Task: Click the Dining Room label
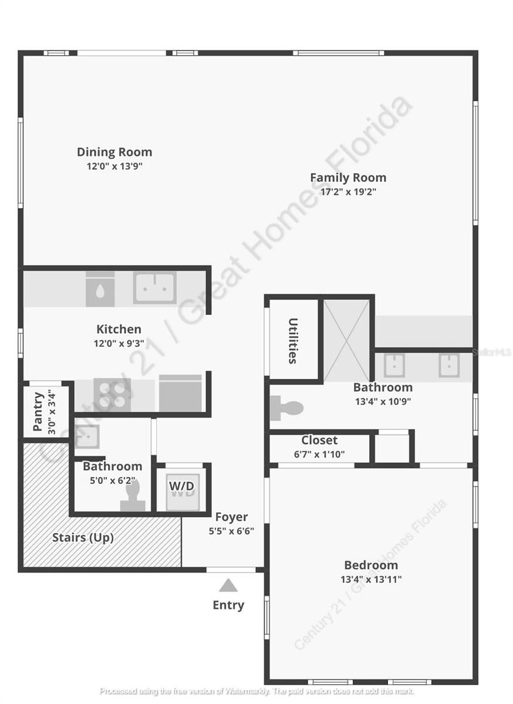tap(114, 153)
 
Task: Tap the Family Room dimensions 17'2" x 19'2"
tap(348, 192)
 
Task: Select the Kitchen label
tap(119, 330)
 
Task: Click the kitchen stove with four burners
tap(112, 394)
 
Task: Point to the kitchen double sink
tap(154, 287)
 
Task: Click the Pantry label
tap(38, 412)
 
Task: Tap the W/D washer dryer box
tap(181, 487)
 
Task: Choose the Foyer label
tap(231, 517)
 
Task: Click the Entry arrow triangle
tap(228, 585)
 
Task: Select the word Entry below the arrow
tap(228, 605)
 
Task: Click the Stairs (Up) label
tap(83, 538)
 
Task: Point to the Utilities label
tap(293, 341)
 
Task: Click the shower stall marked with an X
tap(347, 340)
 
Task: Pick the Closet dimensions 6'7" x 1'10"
tap(319, 454)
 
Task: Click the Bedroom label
tap(371, 566)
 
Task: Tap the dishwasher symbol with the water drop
tap(100, 289)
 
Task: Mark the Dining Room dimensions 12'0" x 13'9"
tap(114, 167)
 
